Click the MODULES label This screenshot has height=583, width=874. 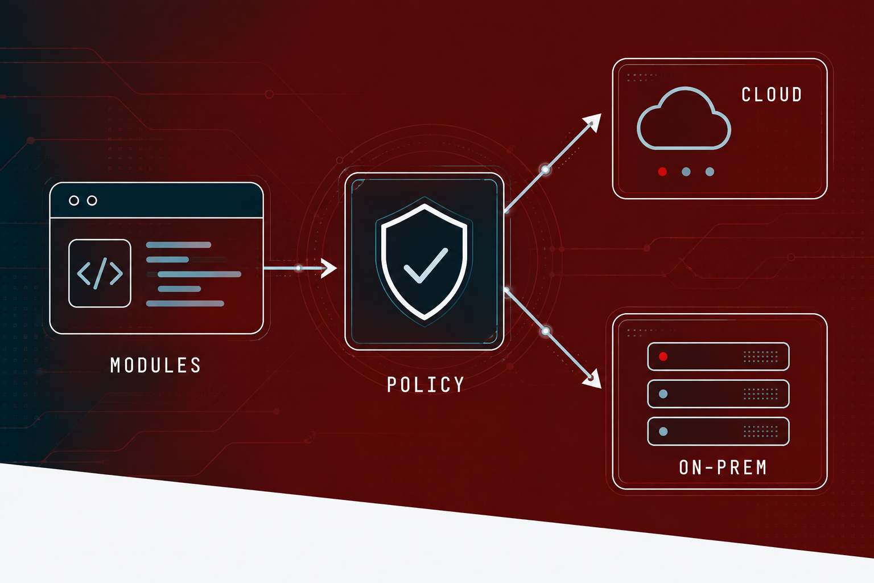coord(155,365)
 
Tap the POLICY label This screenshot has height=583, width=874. coord(425,385)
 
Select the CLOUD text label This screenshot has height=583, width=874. coord(772,95)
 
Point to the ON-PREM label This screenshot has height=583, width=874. coord(723,467)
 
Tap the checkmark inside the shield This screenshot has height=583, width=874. coord(426,265)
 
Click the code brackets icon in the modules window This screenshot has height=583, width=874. coord(100,273)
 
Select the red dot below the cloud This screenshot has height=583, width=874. coord(662,172)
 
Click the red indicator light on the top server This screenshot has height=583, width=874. coord(663,356)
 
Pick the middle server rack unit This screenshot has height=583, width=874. coord(718,393)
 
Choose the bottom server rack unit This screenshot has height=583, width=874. coord(718,431)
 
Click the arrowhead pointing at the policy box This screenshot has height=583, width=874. coord(328,268)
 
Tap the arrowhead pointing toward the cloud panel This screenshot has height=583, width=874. coord(592,122)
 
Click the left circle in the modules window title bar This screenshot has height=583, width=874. coord(74,200)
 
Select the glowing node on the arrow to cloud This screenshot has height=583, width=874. coord(546,170)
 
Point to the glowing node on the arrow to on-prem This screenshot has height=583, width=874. coord(546,331)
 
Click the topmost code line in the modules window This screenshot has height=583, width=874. coord(179,245)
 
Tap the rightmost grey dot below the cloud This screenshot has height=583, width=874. coord(710,172)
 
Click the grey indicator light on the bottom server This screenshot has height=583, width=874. coord(663,432)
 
